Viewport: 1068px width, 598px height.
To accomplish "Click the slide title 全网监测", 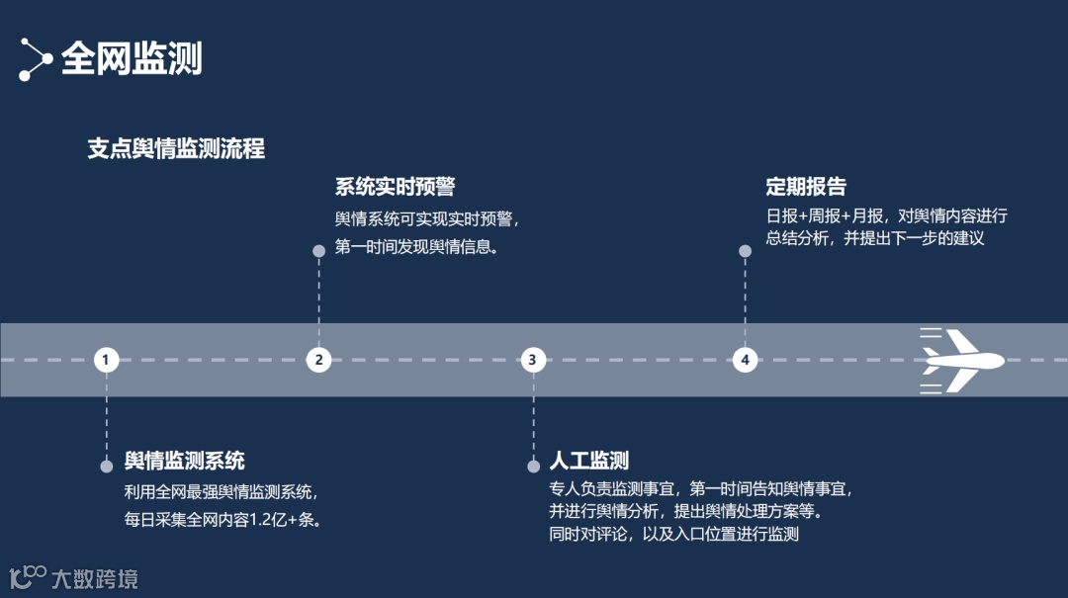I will [x=132, y=58].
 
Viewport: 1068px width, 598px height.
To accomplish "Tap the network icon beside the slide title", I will [x=36, y=59].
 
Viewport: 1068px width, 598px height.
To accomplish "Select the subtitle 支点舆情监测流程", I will [x=176, y=149].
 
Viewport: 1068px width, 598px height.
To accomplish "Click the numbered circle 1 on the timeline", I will [x=107, y=360].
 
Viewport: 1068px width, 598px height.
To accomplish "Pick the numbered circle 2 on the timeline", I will [x=318, y=360].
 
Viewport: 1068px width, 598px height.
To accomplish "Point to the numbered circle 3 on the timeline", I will [x=532, y=360].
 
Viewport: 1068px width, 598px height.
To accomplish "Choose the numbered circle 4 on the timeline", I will [x=745, y=360].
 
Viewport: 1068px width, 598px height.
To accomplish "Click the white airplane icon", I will [x=961, y=360].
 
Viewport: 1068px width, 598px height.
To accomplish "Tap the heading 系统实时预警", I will [x=395, y=187].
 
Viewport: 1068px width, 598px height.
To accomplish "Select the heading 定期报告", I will [x=806, y=187].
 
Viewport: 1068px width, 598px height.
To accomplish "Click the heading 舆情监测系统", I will [x=185, y=461].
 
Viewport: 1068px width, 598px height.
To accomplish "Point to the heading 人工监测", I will [x=589, y=461].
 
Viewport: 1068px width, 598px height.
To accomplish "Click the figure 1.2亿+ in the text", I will [x=271, y=519].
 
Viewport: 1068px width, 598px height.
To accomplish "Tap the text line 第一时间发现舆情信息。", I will [x=416, y=246].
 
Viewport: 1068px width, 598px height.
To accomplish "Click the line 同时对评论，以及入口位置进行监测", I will [x=673, y=536].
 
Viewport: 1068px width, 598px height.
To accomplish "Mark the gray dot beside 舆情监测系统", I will [x=107, y=466].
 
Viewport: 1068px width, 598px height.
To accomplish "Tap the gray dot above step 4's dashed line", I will [x=745, y=251].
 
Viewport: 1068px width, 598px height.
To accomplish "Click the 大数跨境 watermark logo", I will [x=74, y=577].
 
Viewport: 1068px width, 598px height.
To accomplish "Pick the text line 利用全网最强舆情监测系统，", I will [x=221, y=491].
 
